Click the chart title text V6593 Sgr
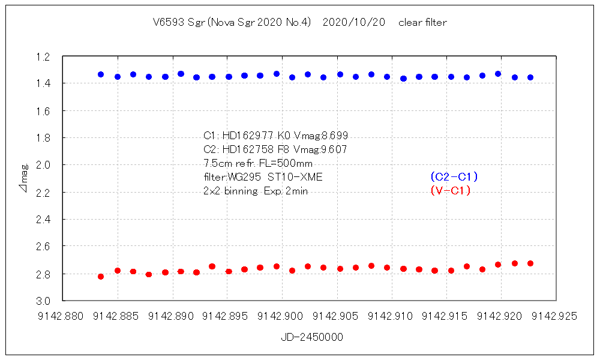coord(177,23)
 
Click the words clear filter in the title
coord(422,23)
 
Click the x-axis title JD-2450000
coord(312,338)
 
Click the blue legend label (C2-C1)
coord(454,177)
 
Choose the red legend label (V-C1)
coord(451,191)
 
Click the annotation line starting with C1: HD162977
coord(275,136)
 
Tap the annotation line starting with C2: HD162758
coord(275,149)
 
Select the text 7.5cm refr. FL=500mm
coord(258,163)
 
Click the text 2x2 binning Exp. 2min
coord(256,191)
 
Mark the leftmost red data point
coord(101,277)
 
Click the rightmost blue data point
coord(530,77)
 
